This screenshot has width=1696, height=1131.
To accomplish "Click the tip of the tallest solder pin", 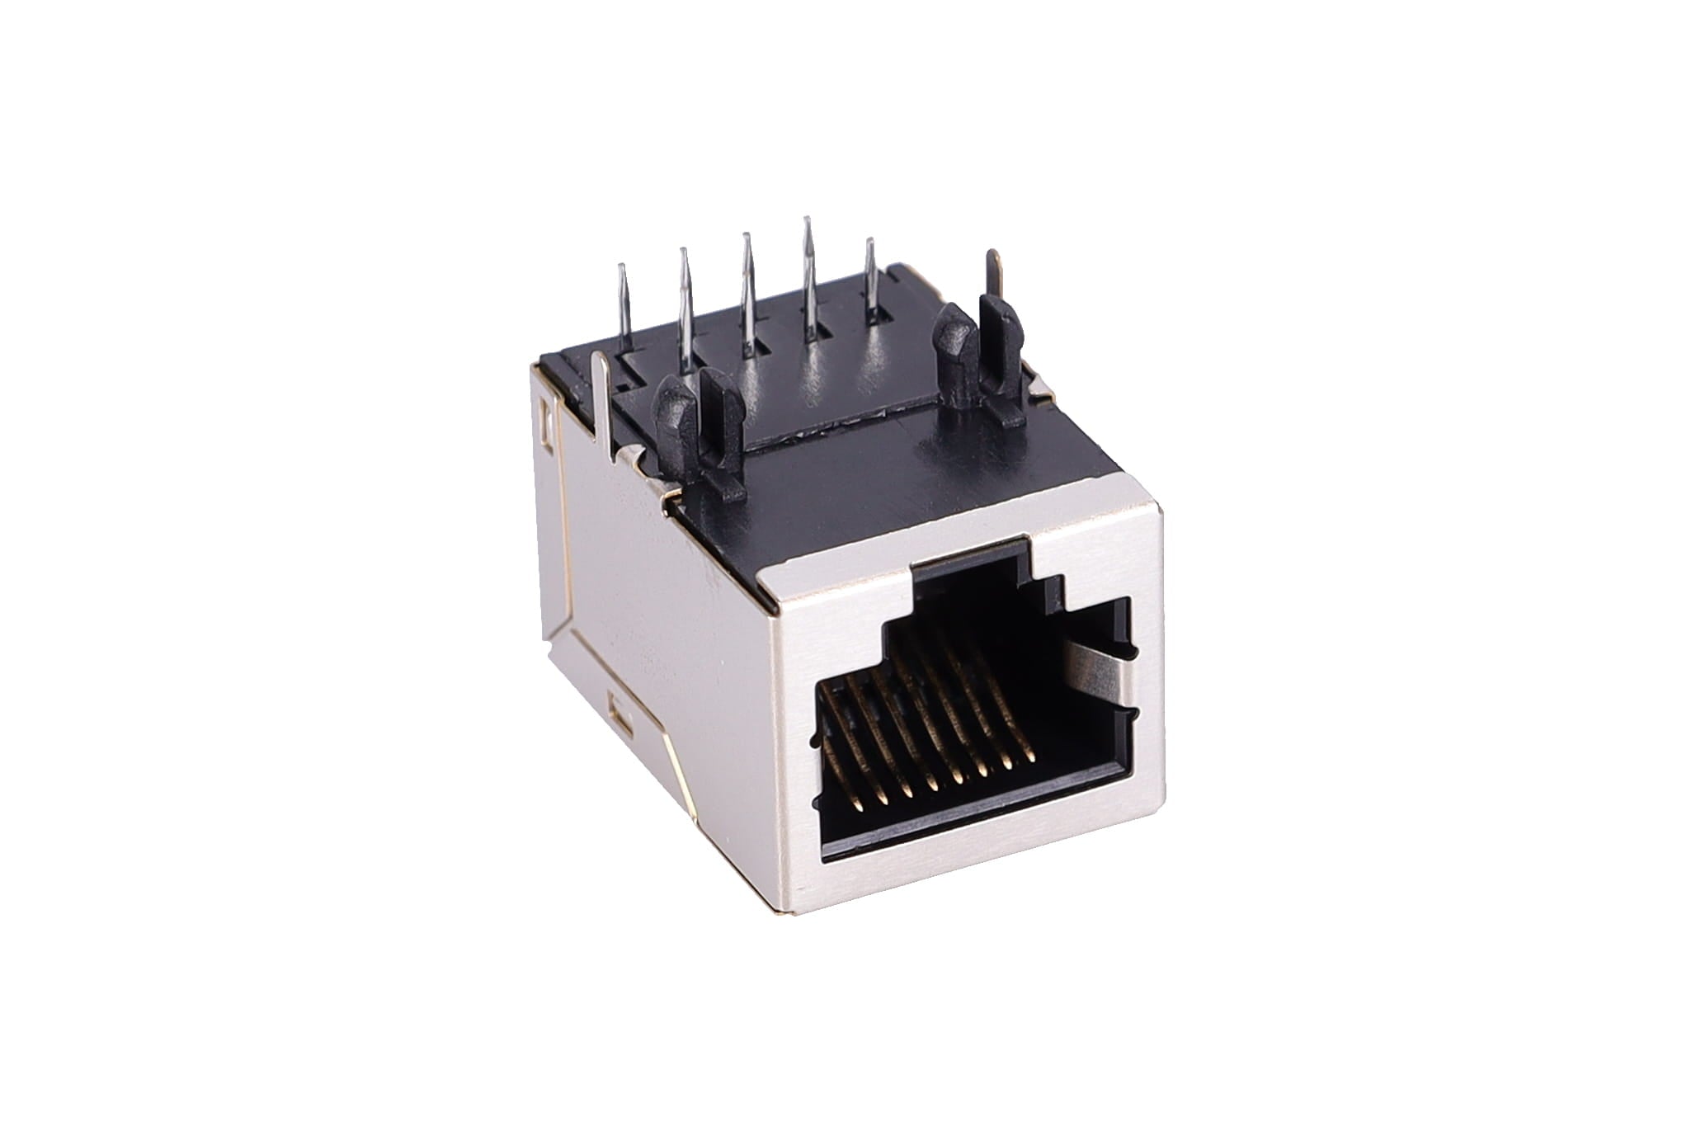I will pos(806,220).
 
